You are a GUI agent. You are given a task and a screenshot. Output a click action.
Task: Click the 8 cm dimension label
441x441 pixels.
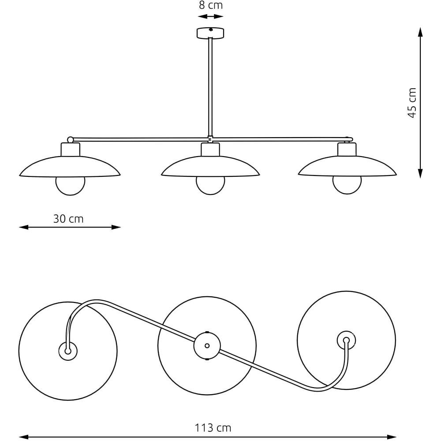(x=211, y=5)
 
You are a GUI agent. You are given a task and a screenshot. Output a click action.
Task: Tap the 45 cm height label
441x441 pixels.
(x=412, y=103)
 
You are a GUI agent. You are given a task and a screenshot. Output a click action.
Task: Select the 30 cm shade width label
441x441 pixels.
(x=68, y=219)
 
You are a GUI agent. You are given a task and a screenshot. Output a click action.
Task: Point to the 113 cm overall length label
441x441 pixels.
(x=213, y=428)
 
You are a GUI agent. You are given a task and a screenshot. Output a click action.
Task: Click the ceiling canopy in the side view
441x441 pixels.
(x=210, y=33)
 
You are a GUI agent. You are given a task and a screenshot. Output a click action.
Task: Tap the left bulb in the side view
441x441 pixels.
(x=70, y=186)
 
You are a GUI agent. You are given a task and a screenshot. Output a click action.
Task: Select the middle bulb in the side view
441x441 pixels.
(x=210, y=186)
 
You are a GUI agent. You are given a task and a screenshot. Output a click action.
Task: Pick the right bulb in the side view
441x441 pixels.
(x=347, y=185)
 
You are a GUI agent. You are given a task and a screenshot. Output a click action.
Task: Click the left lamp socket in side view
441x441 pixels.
(x=70, y=149)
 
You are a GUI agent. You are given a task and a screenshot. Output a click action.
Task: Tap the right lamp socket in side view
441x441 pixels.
(x=347, y=149)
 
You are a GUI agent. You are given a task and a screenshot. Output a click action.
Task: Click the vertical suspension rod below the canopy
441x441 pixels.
(x=210, y=87)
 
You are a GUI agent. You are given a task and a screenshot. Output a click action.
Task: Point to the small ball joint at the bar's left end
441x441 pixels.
(x=70, y=139)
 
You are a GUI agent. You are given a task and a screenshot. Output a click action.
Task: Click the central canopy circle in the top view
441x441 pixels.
(x=207, y=346)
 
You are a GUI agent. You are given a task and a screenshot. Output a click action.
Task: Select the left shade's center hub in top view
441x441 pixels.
(x=68, y=351)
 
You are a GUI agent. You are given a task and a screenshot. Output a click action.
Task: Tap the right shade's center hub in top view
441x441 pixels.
(x=346, y=340)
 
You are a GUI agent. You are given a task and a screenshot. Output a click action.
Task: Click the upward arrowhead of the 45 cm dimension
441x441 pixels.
(x=420, y=32)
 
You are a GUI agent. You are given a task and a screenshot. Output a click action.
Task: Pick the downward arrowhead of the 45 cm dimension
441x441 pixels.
(x=420, y=173)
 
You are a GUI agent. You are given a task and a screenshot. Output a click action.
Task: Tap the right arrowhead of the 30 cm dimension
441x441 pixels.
(x=116, y=227)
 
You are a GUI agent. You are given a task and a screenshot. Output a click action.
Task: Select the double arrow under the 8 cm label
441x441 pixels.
(x=211, y=17)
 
